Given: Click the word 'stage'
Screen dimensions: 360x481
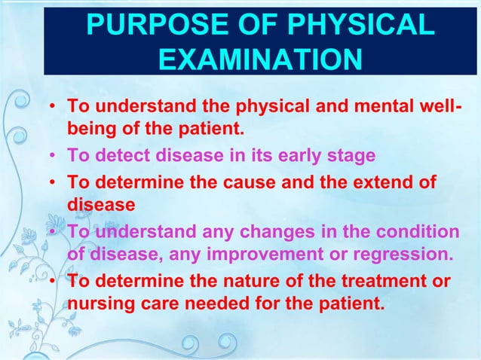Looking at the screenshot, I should point(348,156).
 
